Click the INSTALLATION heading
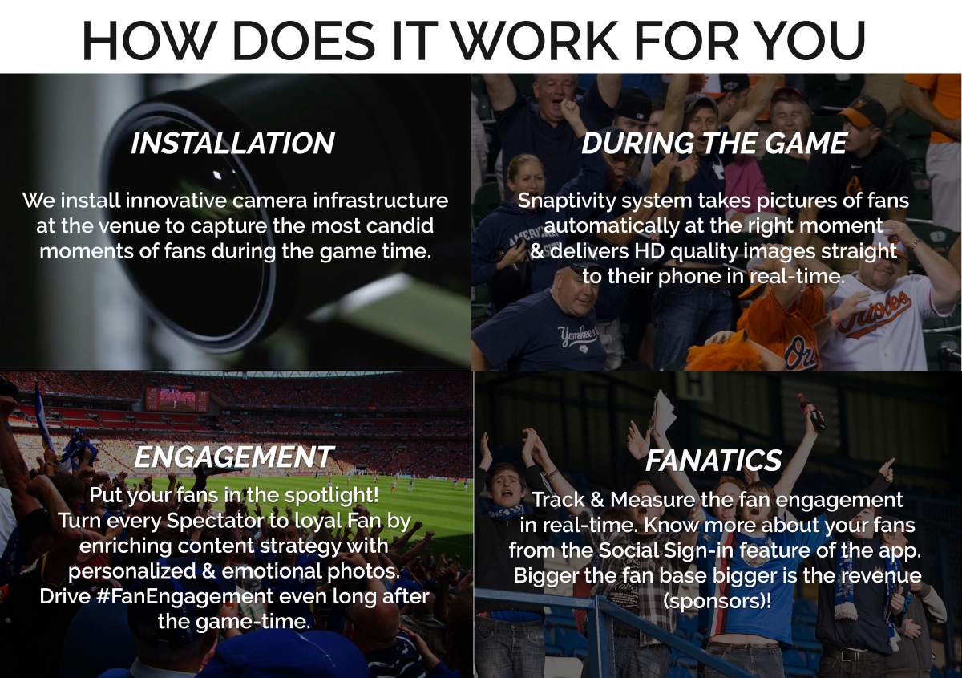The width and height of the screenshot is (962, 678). tap(232, 143)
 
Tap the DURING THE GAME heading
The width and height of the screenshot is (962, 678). tap(713, 143)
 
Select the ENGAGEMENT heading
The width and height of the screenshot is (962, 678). tap(234, 457)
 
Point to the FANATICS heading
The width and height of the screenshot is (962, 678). tap(713, 461)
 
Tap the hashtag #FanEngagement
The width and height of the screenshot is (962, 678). tap(184, 597)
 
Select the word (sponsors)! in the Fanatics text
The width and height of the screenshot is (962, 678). tap(717, 601)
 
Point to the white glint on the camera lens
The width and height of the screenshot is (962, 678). tap(217, 175)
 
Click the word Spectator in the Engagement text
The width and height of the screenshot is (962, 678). tap(215, 522)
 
